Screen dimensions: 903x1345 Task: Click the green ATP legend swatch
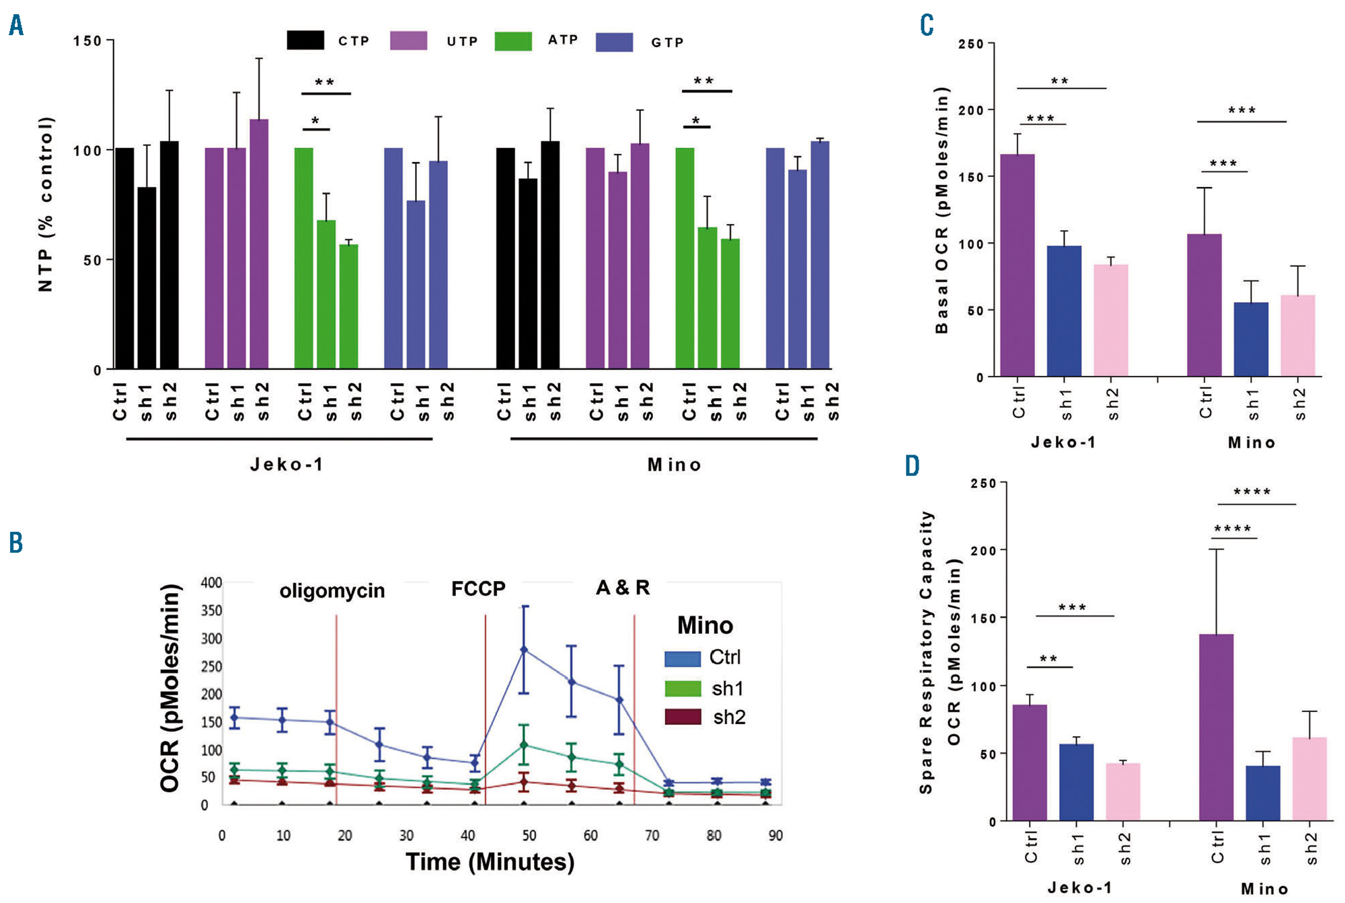(x=513, y=41)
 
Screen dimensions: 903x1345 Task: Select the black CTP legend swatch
(x=305, y=40)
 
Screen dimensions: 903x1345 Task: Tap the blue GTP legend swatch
(x=614, y=42)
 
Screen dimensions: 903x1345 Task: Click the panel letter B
(x=16, y=542)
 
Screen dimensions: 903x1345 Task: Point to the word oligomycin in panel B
(x=332, y=590)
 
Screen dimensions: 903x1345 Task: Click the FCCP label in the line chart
(x=478, y=589)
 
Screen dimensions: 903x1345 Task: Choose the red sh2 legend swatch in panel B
(x=683, y=717)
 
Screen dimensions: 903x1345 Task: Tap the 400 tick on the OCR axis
(x=211, y=582)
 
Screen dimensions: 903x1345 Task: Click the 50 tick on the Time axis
(x=529, y=835)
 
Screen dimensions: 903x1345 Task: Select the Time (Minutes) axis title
(x=490, y=861)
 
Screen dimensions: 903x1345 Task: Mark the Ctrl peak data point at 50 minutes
(x=525, y=650)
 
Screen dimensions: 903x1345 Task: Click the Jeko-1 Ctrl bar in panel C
(x=1017, y=265)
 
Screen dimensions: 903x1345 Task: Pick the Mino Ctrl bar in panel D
(x=1216, y=727)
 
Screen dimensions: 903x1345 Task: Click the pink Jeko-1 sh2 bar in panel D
(x=1123, y=791)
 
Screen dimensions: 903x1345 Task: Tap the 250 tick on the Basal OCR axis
(x=971, y=44)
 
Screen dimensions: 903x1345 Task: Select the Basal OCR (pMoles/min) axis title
(x=942, y=210)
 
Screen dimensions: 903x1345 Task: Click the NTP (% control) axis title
(x=46, y=204)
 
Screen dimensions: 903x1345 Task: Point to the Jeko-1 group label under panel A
(x=287, y=465)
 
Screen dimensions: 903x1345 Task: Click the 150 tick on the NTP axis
(x=87, y=41)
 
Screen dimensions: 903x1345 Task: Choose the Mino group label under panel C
(x=1252, y=442)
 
